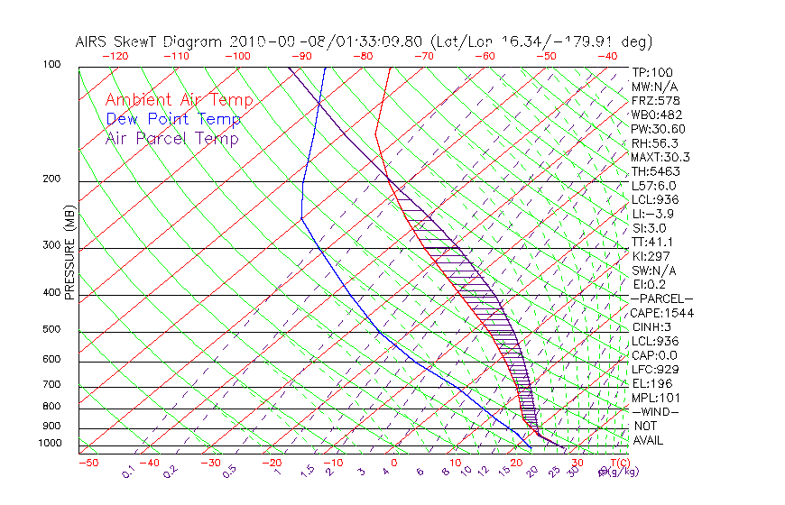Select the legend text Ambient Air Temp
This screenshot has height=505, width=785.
[180, 100]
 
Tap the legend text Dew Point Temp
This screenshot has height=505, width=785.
[173, 119]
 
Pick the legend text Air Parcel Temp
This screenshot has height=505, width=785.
[171, 138]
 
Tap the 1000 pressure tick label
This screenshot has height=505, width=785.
[51, 443]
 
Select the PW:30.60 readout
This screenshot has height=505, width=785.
[658, 129]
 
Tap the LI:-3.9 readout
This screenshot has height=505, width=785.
[652, 214]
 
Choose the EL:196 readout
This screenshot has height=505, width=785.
[651, 383]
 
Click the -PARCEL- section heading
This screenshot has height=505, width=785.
[661, 298]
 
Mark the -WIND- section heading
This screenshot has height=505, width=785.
[655, 411]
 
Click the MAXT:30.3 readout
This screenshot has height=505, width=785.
[660, 157]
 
